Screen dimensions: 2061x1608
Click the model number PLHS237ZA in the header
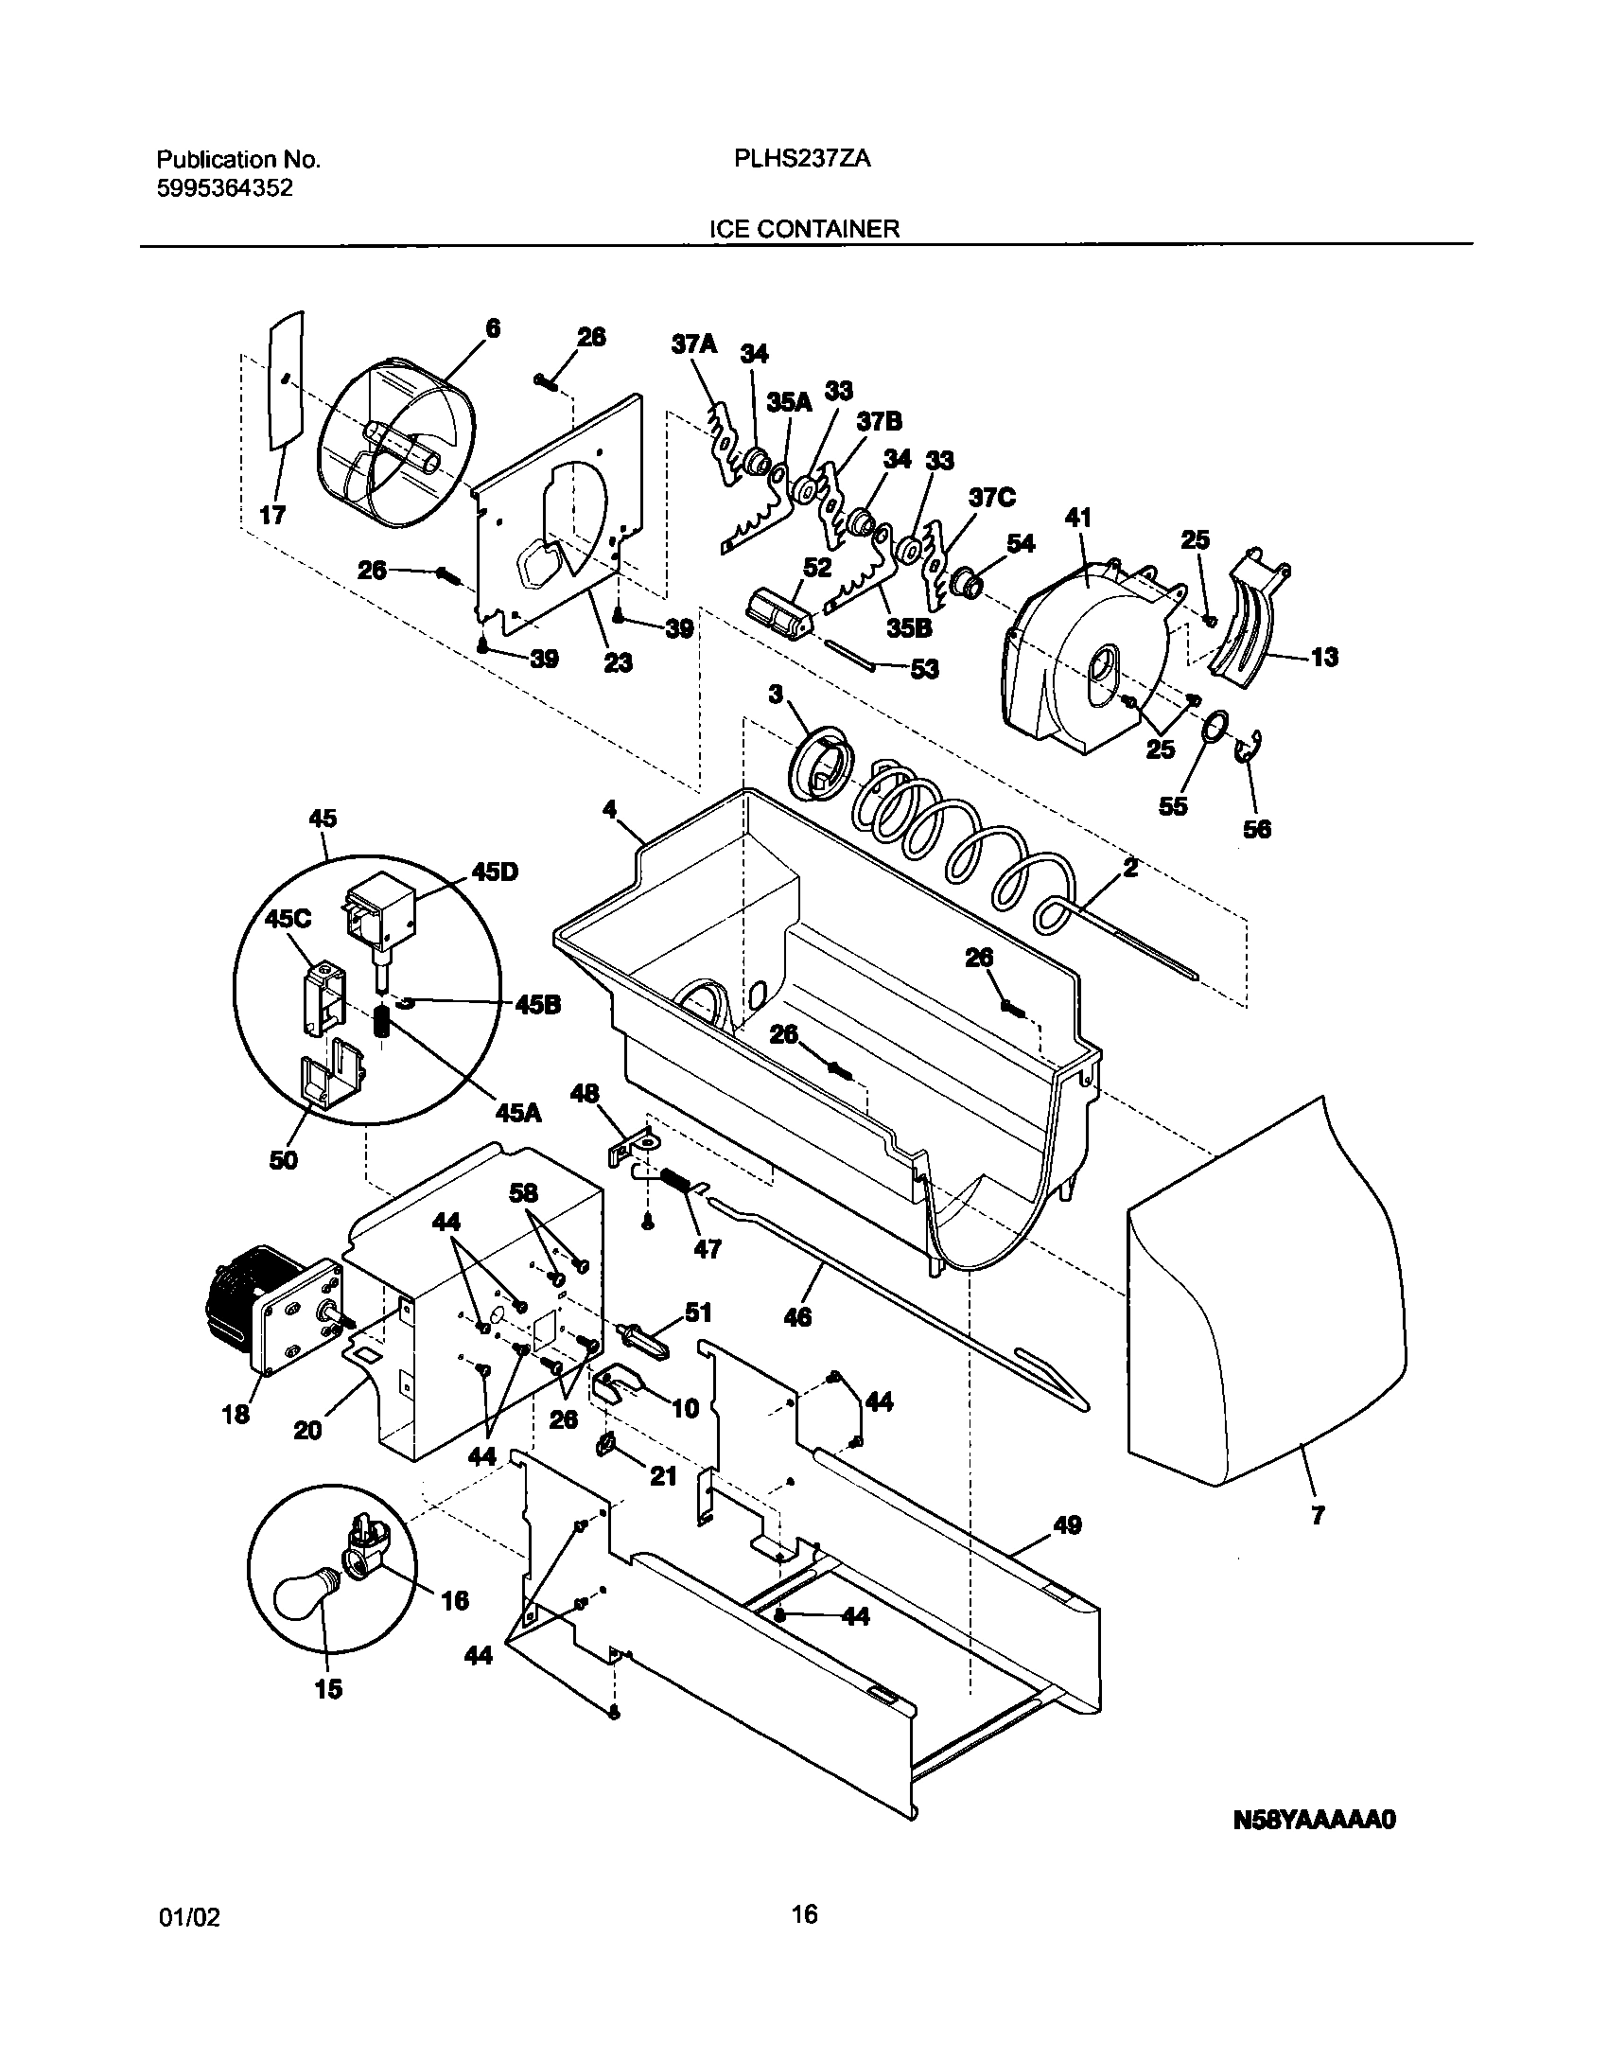(802, 160)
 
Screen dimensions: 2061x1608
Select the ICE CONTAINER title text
(804, 229)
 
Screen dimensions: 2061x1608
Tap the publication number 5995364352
(223, 188)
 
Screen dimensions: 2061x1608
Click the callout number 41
(1077, 518)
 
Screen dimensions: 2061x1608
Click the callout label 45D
(496, 872)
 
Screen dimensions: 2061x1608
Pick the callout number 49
(1067, 1524)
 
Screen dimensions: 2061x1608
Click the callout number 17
(272, 516)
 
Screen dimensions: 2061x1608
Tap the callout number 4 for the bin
(609, 809)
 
